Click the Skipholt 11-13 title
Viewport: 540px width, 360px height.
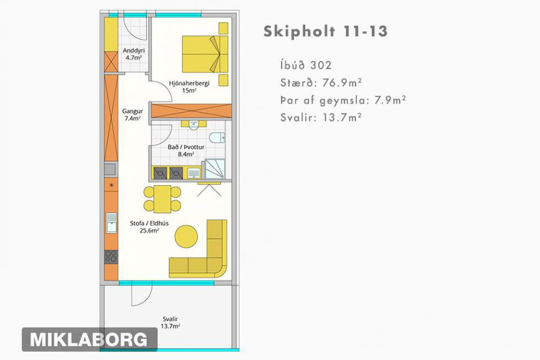[326, 31]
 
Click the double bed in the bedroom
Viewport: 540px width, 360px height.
[205, 54]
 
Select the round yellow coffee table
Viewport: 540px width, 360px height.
[186, 237]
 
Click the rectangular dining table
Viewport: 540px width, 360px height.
[162, 199]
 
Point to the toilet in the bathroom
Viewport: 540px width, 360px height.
[217, 138]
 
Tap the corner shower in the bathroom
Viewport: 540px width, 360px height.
[215, 169]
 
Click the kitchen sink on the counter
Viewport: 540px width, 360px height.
[111, 223]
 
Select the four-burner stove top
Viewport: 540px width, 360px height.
[111, 256]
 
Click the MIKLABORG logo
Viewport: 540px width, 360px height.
[89, 339]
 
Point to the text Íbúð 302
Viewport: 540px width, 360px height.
[306, 65]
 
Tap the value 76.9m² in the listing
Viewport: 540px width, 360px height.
[342, 83]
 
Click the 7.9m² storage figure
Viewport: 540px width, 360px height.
[390, 100]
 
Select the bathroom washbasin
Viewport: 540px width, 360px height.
[193, 125]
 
